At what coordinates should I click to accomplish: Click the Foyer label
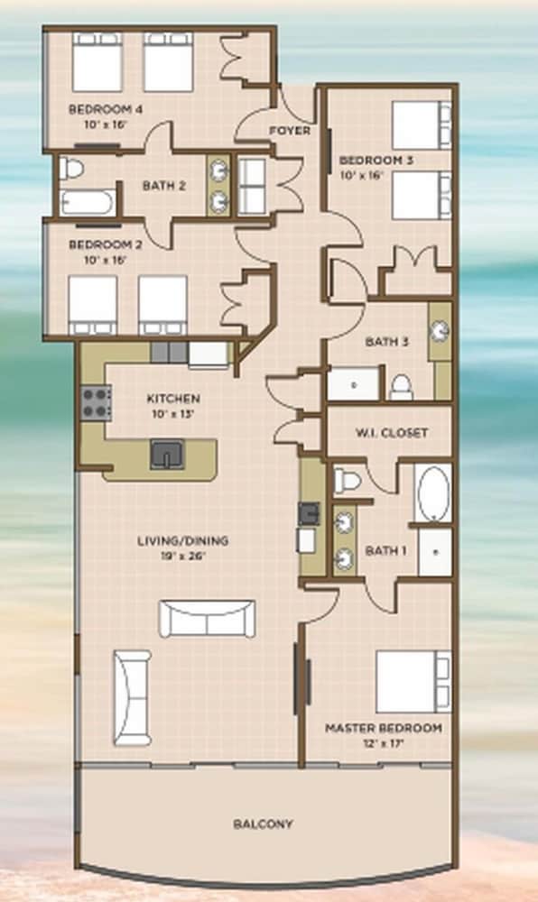point(290,131)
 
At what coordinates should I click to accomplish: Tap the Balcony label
point(263,824)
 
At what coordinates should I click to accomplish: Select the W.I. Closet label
point(391,432)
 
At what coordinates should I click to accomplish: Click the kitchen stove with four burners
point(96,402)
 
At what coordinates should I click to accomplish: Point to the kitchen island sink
point(167,455)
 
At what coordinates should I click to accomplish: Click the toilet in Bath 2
point(71,169)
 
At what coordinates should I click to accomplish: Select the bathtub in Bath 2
point(88,202)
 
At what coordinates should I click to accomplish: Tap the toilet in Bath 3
point(401,387)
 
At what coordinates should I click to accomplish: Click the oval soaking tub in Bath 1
point(433,494)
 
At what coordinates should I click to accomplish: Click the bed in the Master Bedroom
point(413,682)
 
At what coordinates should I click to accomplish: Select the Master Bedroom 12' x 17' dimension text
point(384,743)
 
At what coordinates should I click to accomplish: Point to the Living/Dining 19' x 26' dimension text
point(182,556)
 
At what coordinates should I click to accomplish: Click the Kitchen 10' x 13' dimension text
point(173,413)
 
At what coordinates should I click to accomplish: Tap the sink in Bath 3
point(441,331)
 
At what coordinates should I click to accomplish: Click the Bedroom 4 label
point(106,109)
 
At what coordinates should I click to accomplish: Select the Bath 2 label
point(164,186)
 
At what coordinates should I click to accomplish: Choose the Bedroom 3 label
point(376,161)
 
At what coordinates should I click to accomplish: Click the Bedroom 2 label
point(106,244)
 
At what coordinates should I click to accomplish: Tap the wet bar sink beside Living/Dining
point(309,513)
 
